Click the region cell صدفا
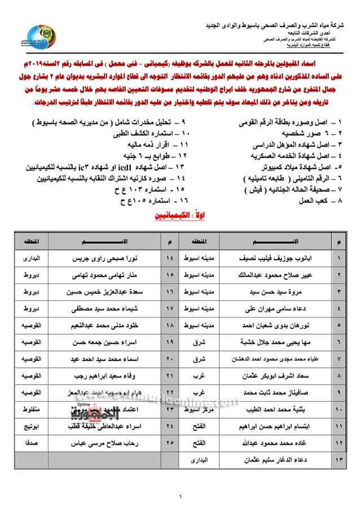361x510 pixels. pos(25,444)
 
